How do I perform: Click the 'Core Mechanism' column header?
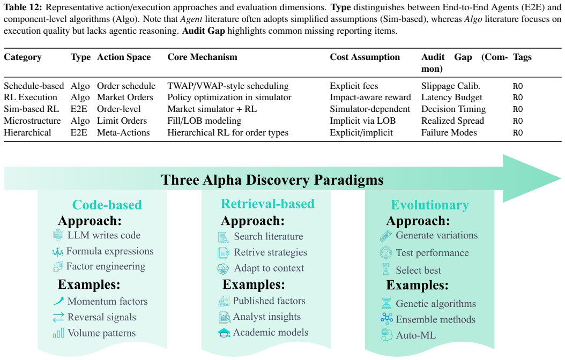(202, 57)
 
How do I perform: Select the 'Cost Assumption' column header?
(365, 57)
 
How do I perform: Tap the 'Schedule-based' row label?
(34, 86)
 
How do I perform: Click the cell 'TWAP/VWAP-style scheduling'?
(228, 86)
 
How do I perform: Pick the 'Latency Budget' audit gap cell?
(451, 97)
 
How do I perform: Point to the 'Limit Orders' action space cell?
(122, 121)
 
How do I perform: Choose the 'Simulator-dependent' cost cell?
(370, 109)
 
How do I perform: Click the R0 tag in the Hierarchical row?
(517, 133)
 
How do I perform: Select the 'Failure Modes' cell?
(449, 132)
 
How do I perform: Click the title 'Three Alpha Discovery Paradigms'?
(272, 179)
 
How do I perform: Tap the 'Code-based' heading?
(107, 205)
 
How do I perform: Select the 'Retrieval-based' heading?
(267, 204)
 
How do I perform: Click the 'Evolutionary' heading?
(430, 205)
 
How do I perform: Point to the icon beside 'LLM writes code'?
(58, 235)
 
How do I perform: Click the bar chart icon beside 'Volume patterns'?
(58, 333)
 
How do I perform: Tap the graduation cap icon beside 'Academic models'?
(224, 333)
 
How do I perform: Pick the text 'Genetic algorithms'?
(436, 304)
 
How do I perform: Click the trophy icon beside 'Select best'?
(386, 269)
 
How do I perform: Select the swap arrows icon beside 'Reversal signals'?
(58, 317)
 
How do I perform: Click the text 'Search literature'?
(269, 236)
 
